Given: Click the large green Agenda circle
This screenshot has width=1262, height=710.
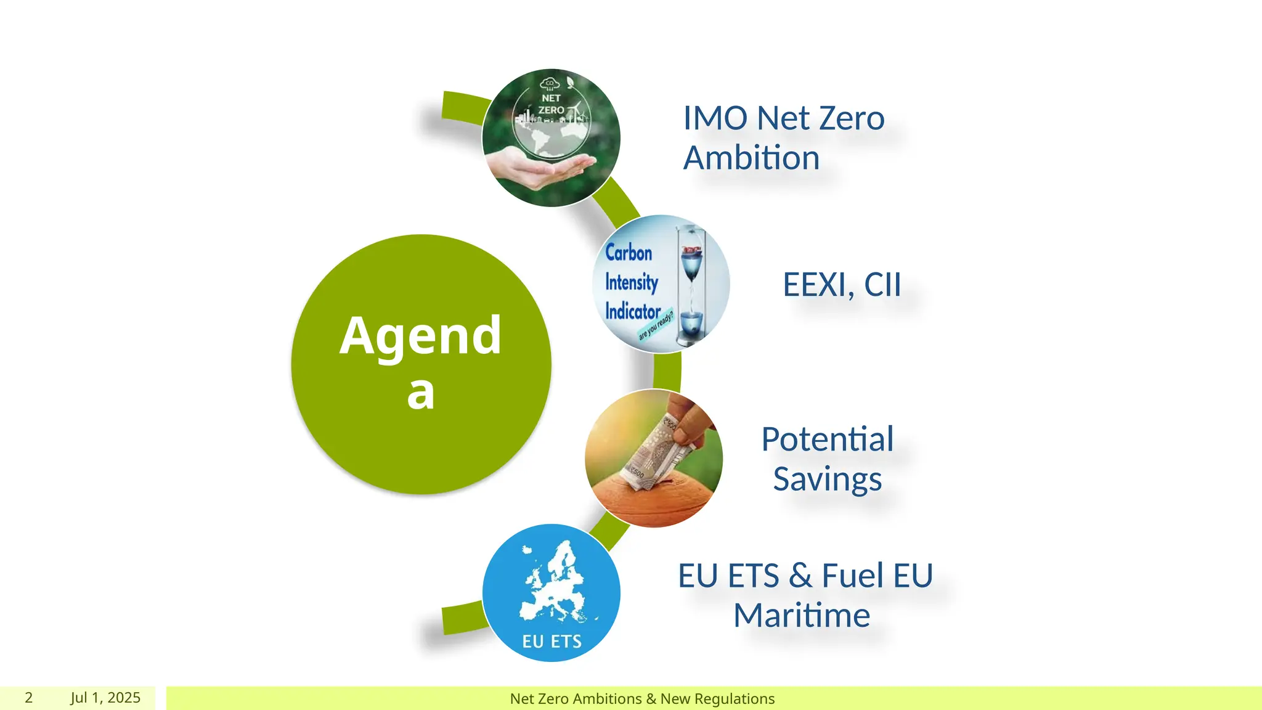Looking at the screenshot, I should pos(421,364).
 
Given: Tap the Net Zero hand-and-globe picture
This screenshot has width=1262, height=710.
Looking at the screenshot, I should pos(551,138).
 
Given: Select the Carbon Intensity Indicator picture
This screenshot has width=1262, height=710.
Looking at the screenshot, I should pos(661,284).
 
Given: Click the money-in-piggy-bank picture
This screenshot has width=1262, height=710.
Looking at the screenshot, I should pos(654,458).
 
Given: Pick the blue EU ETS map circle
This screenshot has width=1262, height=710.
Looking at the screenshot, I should pos(551,593).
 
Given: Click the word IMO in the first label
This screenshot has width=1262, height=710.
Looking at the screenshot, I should pos(715,118).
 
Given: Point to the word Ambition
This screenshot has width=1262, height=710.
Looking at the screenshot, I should pos(752,158).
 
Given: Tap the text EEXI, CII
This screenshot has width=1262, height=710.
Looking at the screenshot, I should pos(842,285).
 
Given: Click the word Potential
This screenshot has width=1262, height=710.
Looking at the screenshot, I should pos(827,439).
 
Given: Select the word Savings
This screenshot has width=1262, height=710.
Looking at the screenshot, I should pos(827,479).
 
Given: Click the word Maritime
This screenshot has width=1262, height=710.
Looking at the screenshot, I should pos(802,615).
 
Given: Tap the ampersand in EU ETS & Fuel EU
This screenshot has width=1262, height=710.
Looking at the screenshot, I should pos(800,576).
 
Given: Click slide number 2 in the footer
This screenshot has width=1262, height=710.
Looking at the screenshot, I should pos(28,698).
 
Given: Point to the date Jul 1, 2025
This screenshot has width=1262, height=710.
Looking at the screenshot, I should pos(105,698).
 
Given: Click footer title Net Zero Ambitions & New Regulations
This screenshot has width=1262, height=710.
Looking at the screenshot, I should pos(642,699).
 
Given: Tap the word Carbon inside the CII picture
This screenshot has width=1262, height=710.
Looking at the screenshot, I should pos(629,253).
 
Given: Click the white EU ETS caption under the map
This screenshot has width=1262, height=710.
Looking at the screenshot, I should pos(552,642).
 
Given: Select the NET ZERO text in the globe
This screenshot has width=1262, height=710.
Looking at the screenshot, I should pos(552,104).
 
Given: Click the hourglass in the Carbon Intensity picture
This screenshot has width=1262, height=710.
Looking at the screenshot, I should pos(692,284).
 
